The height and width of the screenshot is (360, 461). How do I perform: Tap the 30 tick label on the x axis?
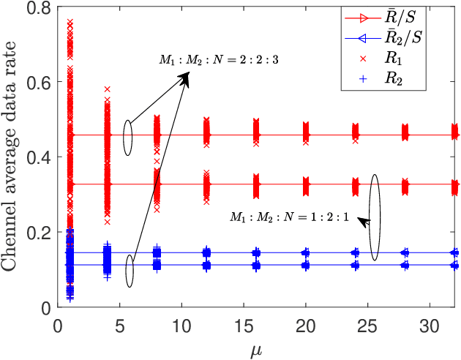click(430, 323)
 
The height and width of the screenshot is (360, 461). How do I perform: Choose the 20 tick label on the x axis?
click(307, 323)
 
